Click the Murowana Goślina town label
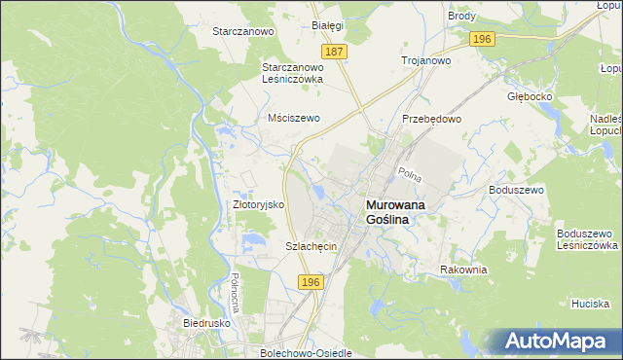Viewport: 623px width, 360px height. click(399, 213)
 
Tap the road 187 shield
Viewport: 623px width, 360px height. click(335, 51)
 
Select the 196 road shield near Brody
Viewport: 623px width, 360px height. click(482, 39)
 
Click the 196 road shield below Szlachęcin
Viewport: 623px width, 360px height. click(310, 281)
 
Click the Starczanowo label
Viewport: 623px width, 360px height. click(244, 31)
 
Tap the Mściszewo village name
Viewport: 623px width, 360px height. click(294, 118)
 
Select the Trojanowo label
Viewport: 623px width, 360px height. click(426, 60)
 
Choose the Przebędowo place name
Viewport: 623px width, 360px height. click(431, 119)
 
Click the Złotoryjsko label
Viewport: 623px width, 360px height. click(257, 205)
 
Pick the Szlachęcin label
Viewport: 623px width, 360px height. click(311, 246)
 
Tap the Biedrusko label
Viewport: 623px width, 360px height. click(205, 321)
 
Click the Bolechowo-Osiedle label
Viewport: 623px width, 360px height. click(307, 352)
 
